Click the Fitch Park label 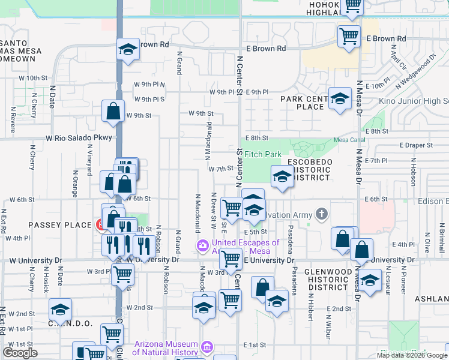[x=263, y=154]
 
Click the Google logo [x=20, y=353]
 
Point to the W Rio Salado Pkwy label [x=79, y=138]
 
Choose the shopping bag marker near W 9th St [x=113, y=111]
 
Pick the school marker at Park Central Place [x=340, y=98]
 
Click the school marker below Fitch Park [x=281, y=177]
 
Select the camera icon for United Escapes [x=203, y=246]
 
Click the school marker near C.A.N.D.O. [x=60, y=310]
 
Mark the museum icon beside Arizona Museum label [x=208, y=347]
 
